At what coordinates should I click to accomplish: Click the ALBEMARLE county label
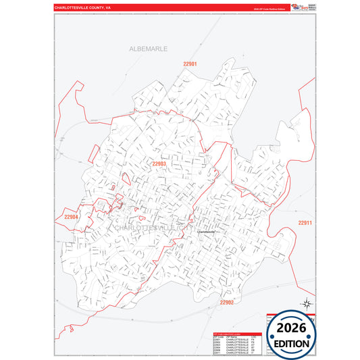pyautogui.click(x=149, y=49)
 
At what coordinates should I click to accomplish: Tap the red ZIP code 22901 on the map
pyautogui.click(x=190, y=63)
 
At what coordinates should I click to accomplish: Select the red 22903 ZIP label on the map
pyautogui.click(x=159, y=163)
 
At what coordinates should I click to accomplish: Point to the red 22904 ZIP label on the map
pyautogui.click(x=72, y=217)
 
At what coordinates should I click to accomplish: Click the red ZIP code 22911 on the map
pyautogui.click(x=305, y=223)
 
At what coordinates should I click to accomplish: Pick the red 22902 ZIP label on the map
pyautogui.click(x=226, y=303)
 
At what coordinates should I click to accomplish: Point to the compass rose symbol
pyautogui.click(x=305, y=303)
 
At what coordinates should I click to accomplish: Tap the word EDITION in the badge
pyautogui.click(x=292, y=343)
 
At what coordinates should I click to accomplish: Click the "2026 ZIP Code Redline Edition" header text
pyautogui.click(x=266, y=9)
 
